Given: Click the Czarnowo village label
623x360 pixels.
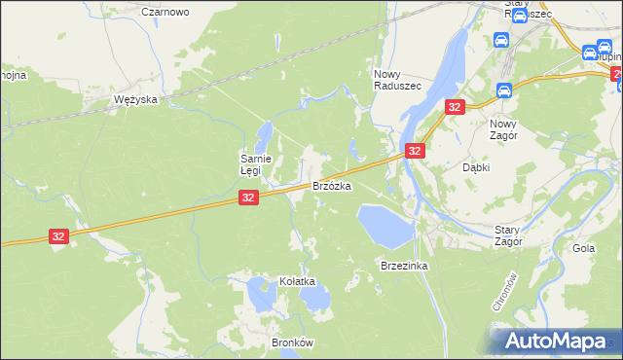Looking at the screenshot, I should pos(165,12).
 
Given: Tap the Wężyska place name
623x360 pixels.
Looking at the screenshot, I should pos(135,100).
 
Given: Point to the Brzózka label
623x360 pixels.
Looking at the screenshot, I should pos(331,185).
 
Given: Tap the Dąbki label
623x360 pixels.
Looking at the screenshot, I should pos(475,167).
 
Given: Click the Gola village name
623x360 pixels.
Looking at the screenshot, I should pos(584,248).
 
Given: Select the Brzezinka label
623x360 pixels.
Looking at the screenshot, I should pos(405,266).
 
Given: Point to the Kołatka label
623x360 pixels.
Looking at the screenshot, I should pos(299,281).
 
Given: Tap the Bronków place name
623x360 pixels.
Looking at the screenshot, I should pos(291,343).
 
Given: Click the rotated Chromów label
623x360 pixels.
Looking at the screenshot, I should pos(497,292).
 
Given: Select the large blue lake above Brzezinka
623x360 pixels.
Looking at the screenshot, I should pos(384,225).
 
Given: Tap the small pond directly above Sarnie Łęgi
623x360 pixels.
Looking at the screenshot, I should pos(265,132).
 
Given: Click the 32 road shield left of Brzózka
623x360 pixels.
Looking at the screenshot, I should pos(247,198).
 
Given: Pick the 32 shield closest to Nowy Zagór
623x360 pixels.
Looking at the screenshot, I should pos(454,107).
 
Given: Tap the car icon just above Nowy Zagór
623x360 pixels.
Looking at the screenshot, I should pos(503,91).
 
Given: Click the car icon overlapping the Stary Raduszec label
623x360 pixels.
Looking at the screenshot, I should pos(520,16).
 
